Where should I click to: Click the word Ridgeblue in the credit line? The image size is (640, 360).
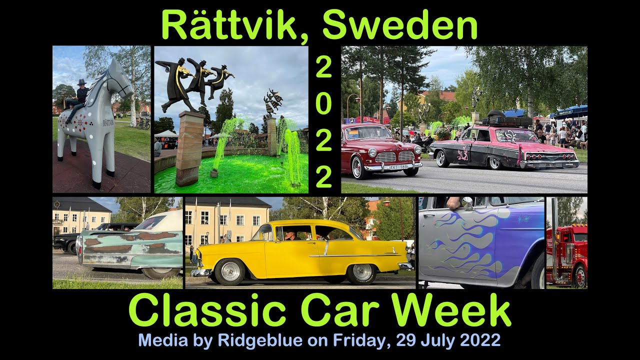[x=259, y=340]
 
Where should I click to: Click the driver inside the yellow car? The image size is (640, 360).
[x=290, y=234]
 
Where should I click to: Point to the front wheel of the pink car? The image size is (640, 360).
[x=442, y=158]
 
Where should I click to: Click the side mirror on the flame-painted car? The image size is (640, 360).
[x=467, y=202]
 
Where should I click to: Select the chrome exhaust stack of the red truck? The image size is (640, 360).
[x=554, y=240]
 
